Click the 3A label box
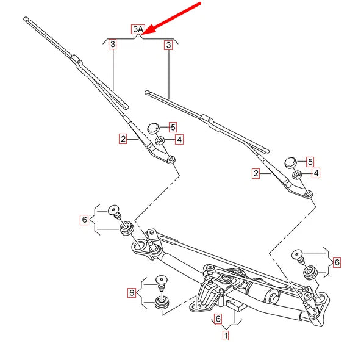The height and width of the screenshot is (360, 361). (138, 29)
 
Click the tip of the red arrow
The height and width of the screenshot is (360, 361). (146, 31)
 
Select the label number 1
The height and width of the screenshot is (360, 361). (226, 335)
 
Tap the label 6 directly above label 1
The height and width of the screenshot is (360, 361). (218, 319)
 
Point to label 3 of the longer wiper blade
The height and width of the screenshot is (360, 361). (113, 45)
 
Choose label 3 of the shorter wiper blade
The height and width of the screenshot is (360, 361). (167, 45)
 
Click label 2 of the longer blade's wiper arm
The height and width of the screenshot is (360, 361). (123, 140)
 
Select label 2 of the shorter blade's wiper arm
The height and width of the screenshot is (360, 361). (257, 173)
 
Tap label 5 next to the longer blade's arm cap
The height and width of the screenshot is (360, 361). (173, 127)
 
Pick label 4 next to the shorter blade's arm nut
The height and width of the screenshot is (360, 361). (316, 173)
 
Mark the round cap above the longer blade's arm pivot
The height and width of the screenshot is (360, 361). (153, 128)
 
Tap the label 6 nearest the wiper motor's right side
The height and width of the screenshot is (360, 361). (337, 262)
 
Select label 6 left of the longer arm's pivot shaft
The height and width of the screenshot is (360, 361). (84, 219)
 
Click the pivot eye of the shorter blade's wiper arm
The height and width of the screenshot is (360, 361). (309, 194)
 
